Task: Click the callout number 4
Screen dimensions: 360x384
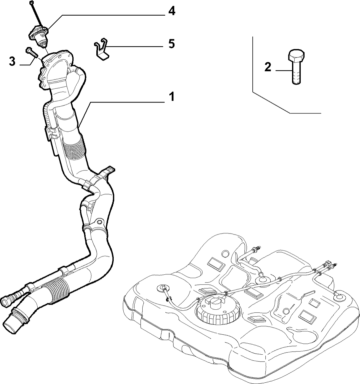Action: (172, 12)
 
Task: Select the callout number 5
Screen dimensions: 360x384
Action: (172, 44)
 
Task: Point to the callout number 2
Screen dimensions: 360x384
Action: (268, 67)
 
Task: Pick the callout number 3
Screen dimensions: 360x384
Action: (12, 61)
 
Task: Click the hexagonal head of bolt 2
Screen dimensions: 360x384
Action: (297, 56)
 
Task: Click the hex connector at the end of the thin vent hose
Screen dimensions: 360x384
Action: (7, 301)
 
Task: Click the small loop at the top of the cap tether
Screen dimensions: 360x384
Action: (31, 2)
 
